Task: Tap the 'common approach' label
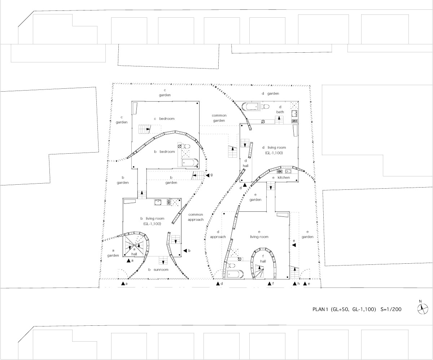pos(196,217)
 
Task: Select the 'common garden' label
pos(219,118)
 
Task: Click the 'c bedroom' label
pos(164,119)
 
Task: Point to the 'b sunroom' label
pos(158,269)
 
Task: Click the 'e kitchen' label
pos(281,177)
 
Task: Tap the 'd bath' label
pos(280,110)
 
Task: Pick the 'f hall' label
pos(263,259)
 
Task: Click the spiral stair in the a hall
pos(134,246)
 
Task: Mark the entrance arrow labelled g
pos(207,175)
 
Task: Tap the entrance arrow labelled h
pos(295,284)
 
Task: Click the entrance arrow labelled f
pos(270,284)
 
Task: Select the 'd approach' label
pos(218,234)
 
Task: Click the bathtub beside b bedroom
pos(190,163)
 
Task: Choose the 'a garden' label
pos(113,253)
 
